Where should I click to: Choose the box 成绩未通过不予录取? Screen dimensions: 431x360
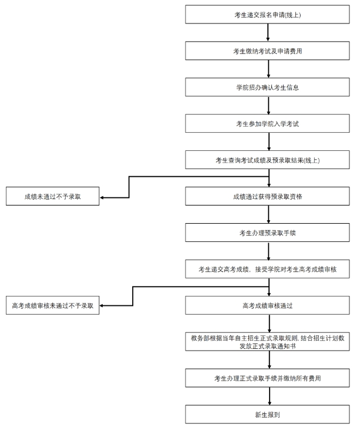[53, 197]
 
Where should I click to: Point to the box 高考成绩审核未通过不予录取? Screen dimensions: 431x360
[53, 305]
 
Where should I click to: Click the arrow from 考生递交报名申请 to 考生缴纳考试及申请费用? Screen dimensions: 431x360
[268, 33]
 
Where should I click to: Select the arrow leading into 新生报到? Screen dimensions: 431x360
[268, 396]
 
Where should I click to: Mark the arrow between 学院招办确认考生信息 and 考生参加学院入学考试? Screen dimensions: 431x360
[268, 106]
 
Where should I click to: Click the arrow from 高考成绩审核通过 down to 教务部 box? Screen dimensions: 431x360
[268, 323]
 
